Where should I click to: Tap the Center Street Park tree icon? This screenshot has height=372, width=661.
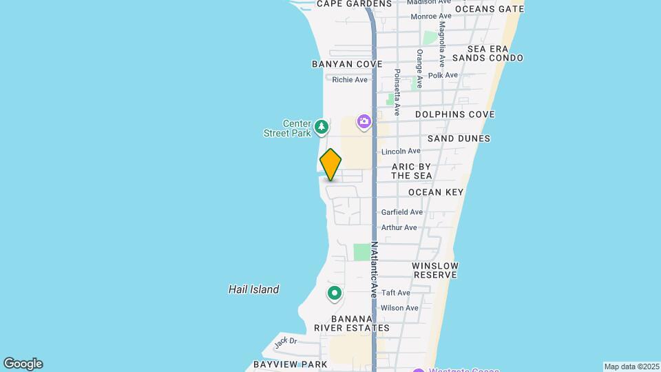(x=321, y=127)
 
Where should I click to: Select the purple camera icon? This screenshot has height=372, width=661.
(x=364, y=122)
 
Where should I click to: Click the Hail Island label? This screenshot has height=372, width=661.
(x=253, y=289)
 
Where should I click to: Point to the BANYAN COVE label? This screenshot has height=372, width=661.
(x=346, y=64)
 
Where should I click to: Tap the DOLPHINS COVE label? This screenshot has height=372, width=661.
(x=454, y=114)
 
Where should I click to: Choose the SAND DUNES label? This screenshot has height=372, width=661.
(x=459, y=138)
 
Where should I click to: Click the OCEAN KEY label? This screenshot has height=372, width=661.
(x=436, y=192)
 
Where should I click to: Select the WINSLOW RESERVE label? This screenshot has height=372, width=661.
(x=435, y=270)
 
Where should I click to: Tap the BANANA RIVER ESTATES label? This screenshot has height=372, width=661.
(x=352, y=324)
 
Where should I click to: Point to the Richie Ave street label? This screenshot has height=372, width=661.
(x=350, y=80)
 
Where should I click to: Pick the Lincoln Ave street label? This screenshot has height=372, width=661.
(x=400, y=151)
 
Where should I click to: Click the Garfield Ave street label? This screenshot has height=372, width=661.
(x=402, y=212)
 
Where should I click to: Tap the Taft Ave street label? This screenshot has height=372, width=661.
(x=396, y=293)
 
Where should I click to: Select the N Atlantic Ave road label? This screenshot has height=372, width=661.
(x=375, y=269)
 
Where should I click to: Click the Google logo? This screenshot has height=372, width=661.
(x=23, y=364)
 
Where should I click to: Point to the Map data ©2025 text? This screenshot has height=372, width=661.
(x=631, y=366)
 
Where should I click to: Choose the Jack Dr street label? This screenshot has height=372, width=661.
(x=284, y=341)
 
